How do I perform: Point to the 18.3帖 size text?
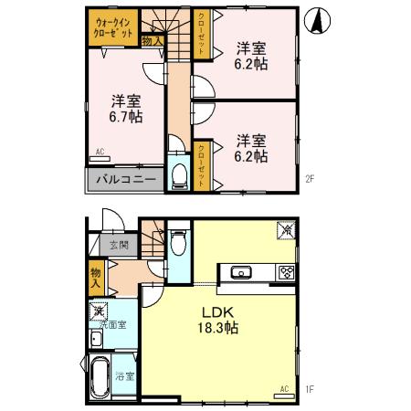click(x=219, y=328)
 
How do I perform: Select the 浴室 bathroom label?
click(x=124, y=376)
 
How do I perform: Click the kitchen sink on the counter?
click(x=243, y=271)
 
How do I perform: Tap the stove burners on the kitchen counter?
click(x=285, y=271)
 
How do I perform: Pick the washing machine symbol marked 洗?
click(x=99, y=311)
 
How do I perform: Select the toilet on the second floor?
click(x=180, y=174)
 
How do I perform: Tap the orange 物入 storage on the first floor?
click(x=96, y=275)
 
